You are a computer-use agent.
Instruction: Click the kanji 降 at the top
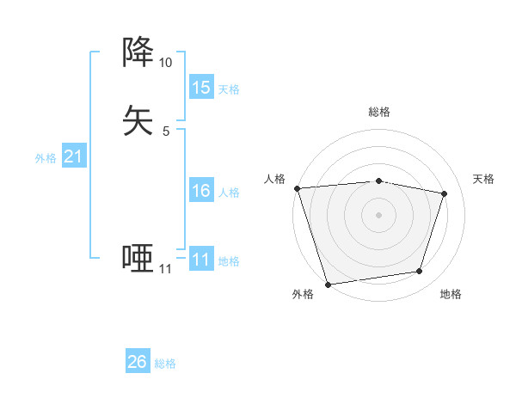[x=138, y=52]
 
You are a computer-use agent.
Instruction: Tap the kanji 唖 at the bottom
[x=138, y=258]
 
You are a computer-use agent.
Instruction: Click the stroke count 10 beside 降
[x=165, y=63]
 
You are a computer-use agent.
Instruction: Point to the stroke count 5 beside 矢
[x=165, y=132]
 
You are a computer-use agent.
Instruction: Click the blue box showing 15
[x=201, y=88]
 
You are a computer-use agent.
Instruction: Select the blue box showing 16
[x=201, y=191]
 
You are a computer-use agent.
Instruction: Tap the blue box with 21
[x=74, y=156]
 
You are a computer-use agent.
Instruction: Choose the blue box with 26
[x=138, y=362]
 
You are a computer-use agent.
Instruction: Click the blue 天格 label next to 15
[x=229, y=89]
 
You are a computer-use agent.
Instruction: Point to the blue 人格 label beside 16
[x=229, y=193]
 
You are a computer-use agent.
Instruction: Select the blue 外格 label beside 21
[x=46, y=158]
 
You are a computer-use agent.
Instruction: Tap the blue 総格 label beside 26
[x=165, y=364]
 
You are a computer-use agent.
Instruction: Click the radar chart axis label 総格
[x=379, y=112]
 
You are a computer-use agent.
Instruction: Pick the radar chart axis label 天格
[x=483, y=179]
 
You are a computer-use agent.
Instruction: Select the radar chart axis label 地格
[x=451, y=294]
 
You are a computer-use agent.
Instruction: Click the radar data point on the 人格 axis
[x=297, y=188]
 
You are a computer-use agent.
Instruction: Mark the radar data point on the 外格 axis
[x=328, y=284]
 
